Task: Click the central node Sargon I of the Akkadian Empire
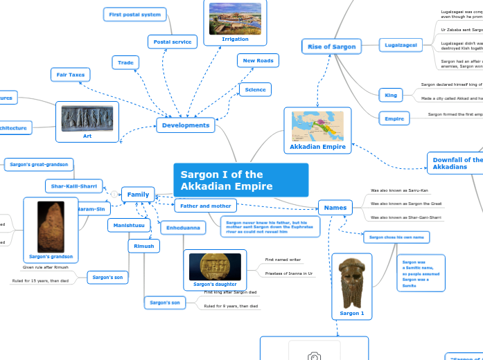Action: (x=240, y=181)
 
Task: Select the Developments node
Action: (x=185, y=125)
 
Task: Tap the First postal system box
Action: (x=135, y=15)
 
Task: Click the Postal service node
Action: (x=173, y=42)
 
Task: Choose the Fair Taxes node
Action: (x=71, y=74)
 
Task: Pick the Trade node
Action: (x=125, y=63)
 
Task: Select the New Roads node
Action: (x=258, y=61)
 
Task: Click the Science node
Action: (x=255, y=89)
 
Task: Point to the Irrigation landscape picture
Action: (x=235, y=17)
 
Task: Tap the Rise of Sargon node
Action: (x=332, y=46)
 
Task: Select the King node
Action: (x=389, y=94)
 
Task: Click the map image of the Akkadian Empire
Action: (x=317, y=125)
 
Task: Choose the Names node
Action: (x=335, y=206)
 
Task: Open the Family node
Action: (x=138, y=195)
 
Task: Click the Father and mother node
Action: (x=205, y=206)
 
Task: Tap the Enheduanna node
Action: (x=183, y=227)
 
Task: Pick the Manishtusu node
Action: (x=129, y=225)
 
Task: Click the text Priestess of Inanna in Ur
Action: (x=289, y=274)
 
